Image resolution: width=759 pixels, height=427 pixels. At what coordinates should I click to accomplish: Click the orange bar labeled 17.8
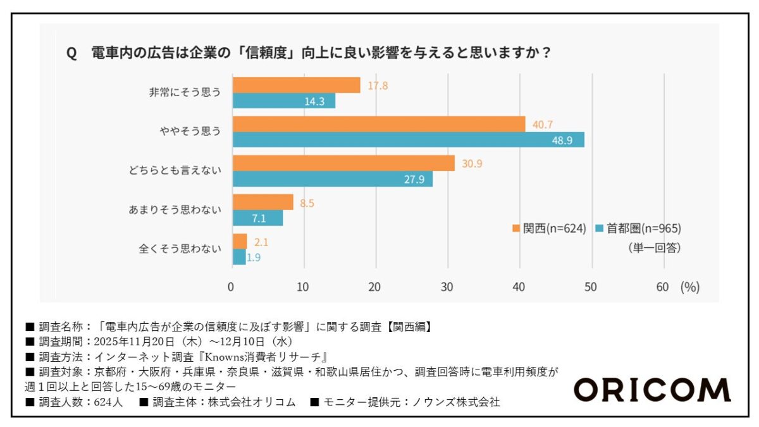point(296,85)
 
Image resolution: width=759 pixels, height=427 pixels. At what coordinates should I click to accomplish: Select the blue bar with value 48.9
point(408,140)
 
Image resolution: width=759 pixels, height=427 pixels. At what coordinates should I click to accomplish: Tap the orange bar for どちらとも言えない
point(343,163)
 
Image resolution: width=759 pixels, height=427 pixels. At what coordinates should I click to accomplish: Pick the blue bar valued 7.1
point(257,218)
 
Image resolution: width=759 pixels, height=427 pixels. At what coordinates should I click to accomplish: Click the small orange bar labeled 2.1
point(240,241)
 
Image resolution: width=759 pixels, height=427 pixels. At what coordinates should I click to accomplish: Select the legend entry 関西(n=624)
point(550,228)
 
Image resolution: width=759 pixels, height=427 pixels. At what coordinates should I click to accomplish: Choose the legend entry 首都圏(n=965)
point(638,228)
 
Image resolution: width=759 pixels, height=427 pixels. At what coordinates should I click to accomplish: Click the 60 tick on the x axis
point(662,287)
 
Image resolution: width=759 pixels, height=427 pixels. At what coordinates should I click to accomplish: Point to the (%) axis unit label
point(689,287)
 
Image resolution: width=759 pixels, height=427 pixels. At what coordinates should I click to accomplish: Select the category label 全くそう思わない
point(180,249)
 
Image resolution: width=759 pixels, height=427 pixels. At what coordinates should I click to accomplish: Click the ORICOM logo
point(652,389)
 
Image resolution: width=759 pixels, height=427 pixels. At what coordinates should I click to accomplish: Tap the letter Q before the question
point(71,53)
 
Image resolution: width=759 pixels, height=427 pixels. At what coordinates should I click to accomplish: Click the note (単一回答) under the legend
point(653,249)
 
